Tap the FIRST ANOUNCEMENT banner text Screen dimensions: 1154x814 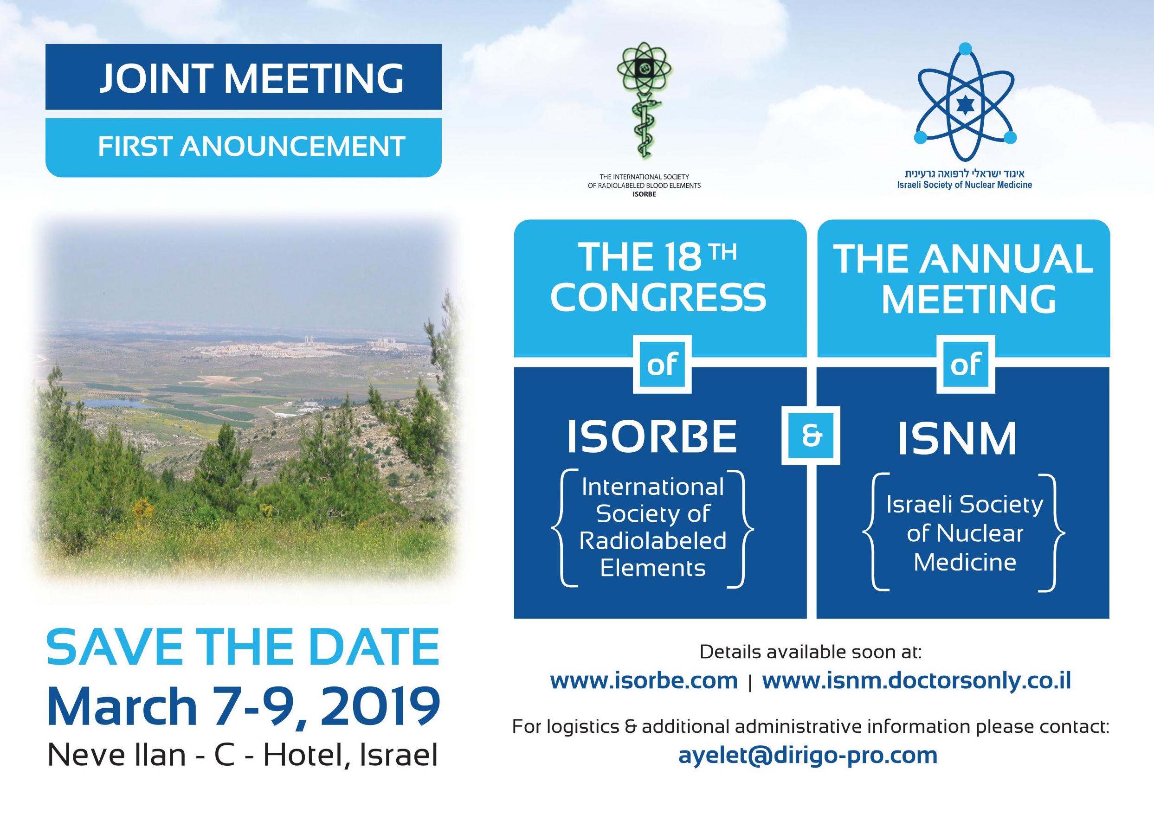(251, 146)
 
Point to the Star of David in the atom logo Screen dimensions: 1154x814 (965, 105)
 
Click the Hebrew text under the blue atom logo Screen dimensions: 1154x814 (965, 174)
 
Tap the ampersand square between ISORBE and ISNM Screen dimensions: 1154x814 (811, 436)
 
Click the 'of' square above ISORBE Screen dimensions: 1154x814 (662, 364)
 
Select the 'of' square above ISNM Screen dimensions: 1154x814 (966, 364)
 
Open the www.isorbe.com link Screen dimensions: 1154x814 (644, 681)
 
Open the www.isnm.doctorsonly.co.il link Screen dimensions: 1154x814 (917, 681)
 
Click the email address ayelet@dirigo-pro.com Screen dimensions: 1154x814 (808, 770)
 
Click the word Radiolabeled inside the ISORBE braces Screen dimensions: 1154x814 (652, 541)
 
